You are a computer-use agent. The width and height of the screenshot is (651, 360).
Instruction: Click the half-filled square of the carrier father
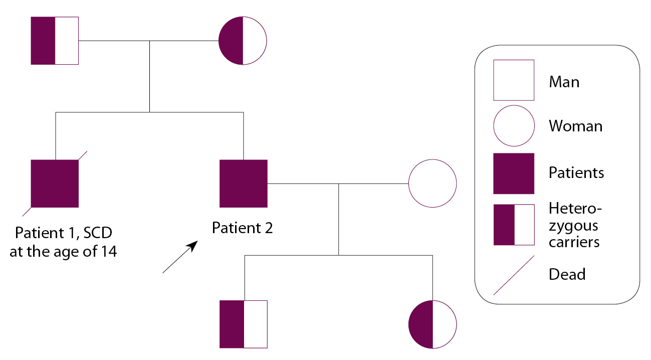tap(55, 41)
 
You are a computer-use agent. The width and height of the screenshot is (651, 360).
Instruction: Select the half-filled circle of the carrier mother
tap(243, 41)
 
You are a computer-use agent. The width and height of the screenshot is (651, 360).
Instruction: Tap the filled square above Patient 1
tap(55, 184)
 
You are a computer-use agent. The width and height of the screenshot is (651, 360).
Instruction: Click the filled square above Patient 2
tap(244, 184)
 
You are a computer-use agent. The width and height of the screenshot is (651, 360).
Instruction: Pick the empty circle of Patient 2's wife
tap(432, 184)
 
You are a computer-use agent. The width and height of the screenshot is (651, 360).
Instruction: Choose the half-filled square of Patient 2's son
tap(244, 324)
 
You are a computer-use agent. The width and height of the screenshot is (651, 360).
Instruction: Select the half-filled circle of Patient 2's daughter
tap(432, 324)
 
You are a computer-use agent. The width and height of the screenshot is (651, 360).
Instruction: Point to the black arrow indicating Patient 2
tap(179, 257)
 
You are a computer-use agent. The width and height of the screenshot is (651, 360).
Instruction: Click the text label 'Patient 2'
tap(243, 228)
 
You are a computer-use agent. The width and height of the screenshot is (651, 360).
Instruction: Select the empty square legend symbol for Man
tap(514, 80)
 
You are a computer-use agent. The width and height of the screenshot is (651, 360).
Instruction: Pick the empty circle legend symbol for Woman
tap(514, 125)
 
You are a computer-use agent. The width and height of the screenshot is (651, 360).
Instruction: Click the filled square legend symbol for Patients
tap(514, 173)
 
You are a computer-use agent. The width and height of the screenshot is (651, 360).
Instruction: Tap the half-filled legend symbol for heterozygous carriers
tap(514, 225)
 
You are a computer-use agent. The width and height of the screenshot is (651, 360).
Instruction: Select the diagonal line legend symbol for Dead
tap(514, 275)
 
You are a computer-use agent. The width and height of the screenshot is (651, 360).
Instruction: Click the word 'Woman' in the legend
tap(576, 126)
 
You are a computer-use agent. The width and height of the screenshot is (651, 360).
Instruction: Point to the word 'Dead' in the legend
tap(567, 274)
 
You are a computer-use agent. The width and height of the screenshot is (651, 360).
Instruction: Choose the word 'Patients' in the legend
tap(576, 173)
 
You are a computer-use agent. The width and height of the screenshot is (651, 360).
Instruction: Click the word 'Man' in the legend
tap(564, 81)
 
